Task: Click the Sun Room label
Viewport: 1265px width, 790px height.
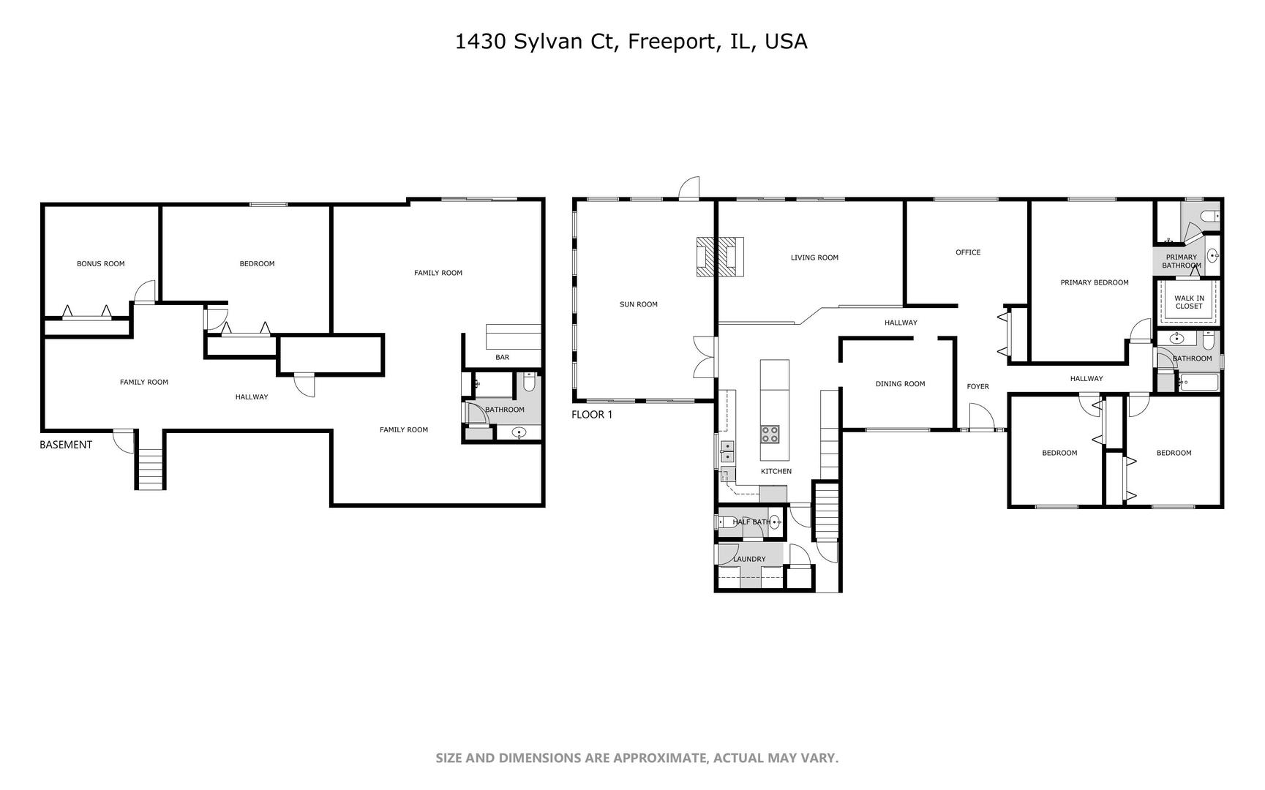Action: click(x=638, y=304)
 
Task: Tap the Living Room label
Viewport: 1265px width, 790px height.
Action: click(x=814, y=257)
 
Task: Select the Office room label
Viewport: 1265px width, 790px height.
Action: click(x=968, y=252)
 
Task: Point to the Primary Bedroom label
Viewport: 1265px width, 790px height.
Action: click(x=1095, y=282)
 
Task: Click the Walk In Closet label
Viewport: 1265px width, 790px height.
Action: click(x=1189, y=302)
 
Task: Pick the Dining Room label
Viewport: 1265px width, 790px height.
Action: click(x=900, y=384)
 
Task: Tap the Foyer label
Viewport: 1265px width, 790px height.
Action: click(x=977, y=386)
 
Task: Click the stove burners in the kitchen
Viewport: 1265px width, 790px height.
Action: click(x=770, y=434)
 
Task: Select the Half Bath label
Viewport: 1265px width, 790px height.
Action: click(x=751, y=522)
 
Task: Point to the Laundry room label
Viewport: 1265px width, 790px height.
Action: click(x=749, y=559)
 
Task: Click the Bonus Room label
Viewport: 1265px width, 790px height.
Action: click(x=100, y=263)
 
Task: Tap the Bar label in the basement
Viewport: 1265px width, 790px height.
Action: click(x=502, y=357)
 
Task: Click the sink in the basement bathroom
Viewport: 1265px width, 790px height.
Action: click(x=519, y=432)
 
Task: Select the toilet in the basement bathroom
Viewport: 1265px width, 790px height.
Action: click(x=530, y=382)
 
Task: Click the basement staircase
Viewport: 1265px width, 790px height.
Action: click(x=151, y=468)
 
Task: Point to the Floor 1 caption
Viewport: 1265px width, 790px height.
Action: click(x=592, y=415)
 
